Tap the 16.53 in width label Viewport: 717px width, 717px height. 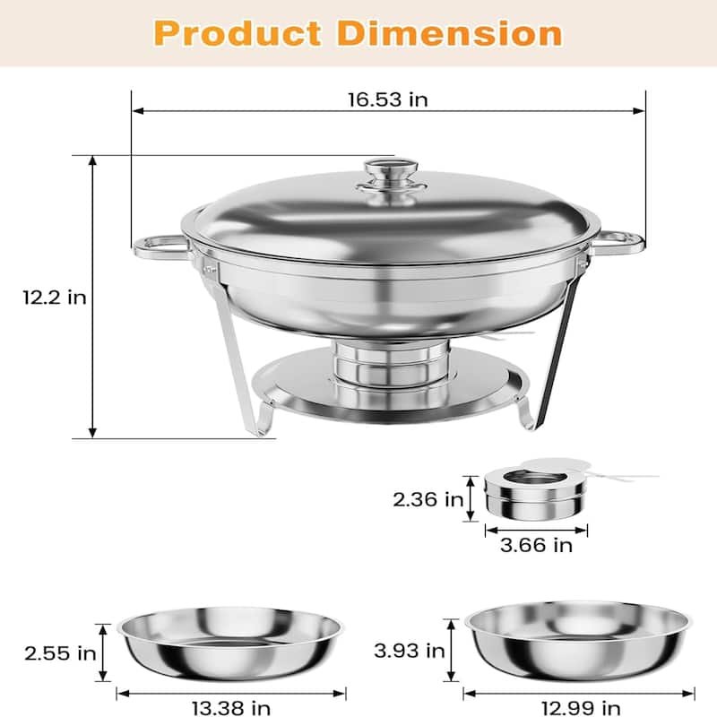pyautogui.click(x=388, y=99)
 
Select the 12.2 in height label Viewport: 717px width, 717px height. pyautogui.click(x=55, y=297)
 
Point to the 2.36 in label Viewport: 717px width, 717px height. pyautogui.click(x=426, y=498)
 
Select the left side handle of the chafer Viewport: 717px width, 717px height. pyautogui.click(x=160, y=245)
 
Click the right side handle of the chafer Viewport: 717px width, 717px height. pyautogui.click(x=621, y=242)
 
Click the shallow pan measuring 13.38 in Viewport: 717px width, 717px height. pyautogui.click(x=229, y=641)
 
